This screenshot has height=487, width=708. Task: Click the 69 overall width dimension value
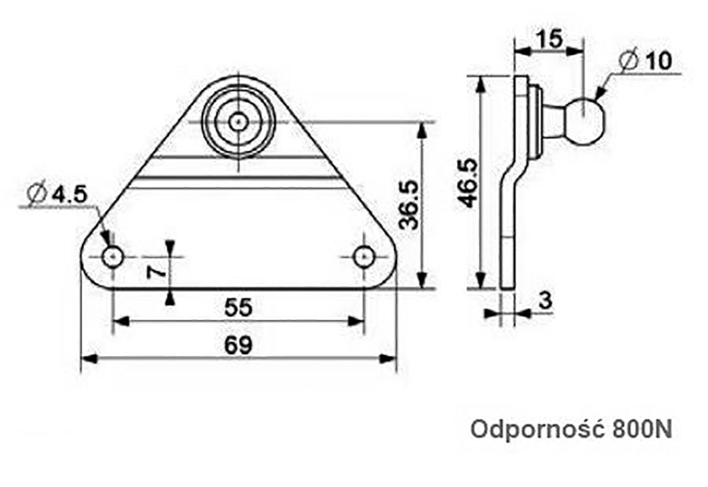click(238, 345)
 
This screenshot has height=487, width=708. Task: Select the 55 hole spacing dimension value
click(238, 308)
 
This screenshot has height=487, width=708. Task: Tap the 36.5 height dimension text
click(408, 205)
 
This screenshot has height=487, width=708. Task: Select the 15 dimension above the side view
click(550, 39)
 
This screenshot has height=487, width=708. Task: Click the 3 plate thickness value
click(545, 301)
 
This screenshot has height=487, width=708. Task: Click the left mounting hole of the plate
click(113, 256)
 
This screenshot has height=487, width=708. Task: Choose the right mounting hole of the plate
click(364, 256)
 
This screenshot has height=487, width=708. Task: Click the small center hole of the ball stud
click(238, 122)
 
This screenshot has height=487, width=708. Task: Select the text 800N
click(639, 430)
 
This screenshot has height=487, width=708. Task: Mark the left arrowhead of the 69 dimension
click(87, 359)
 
